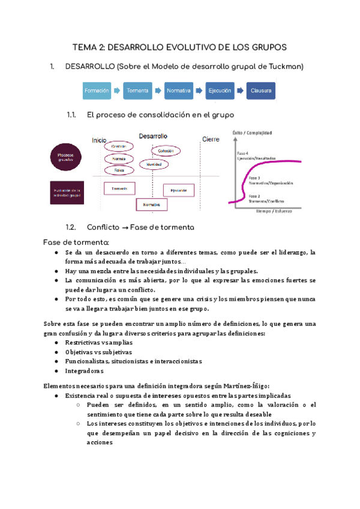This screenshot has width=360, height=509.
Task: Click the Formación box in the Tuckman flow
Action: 97,91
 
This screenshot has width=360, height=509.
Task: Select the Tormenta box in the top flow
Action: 138,91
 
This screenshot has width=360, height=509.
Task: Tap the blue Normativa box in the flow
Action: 179,91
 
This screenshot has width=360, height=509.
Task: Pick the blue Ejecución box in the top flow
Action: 220,91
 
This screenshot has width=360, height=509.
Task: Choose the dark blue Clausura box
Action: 261,91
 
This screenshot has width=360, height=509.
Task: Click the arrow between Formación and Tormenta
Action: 118,91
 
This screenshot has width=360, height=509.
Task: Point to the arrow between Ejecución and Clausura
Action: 240,91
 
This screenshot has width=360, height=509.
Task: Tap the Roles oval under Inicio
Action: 119,170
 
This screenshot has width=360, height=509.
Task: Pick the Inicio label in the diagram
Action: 100,140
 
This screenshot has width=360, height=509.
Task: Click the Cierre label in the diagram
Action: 211,139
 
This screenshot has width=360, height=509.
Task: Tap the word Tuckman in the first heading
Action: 286,65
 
